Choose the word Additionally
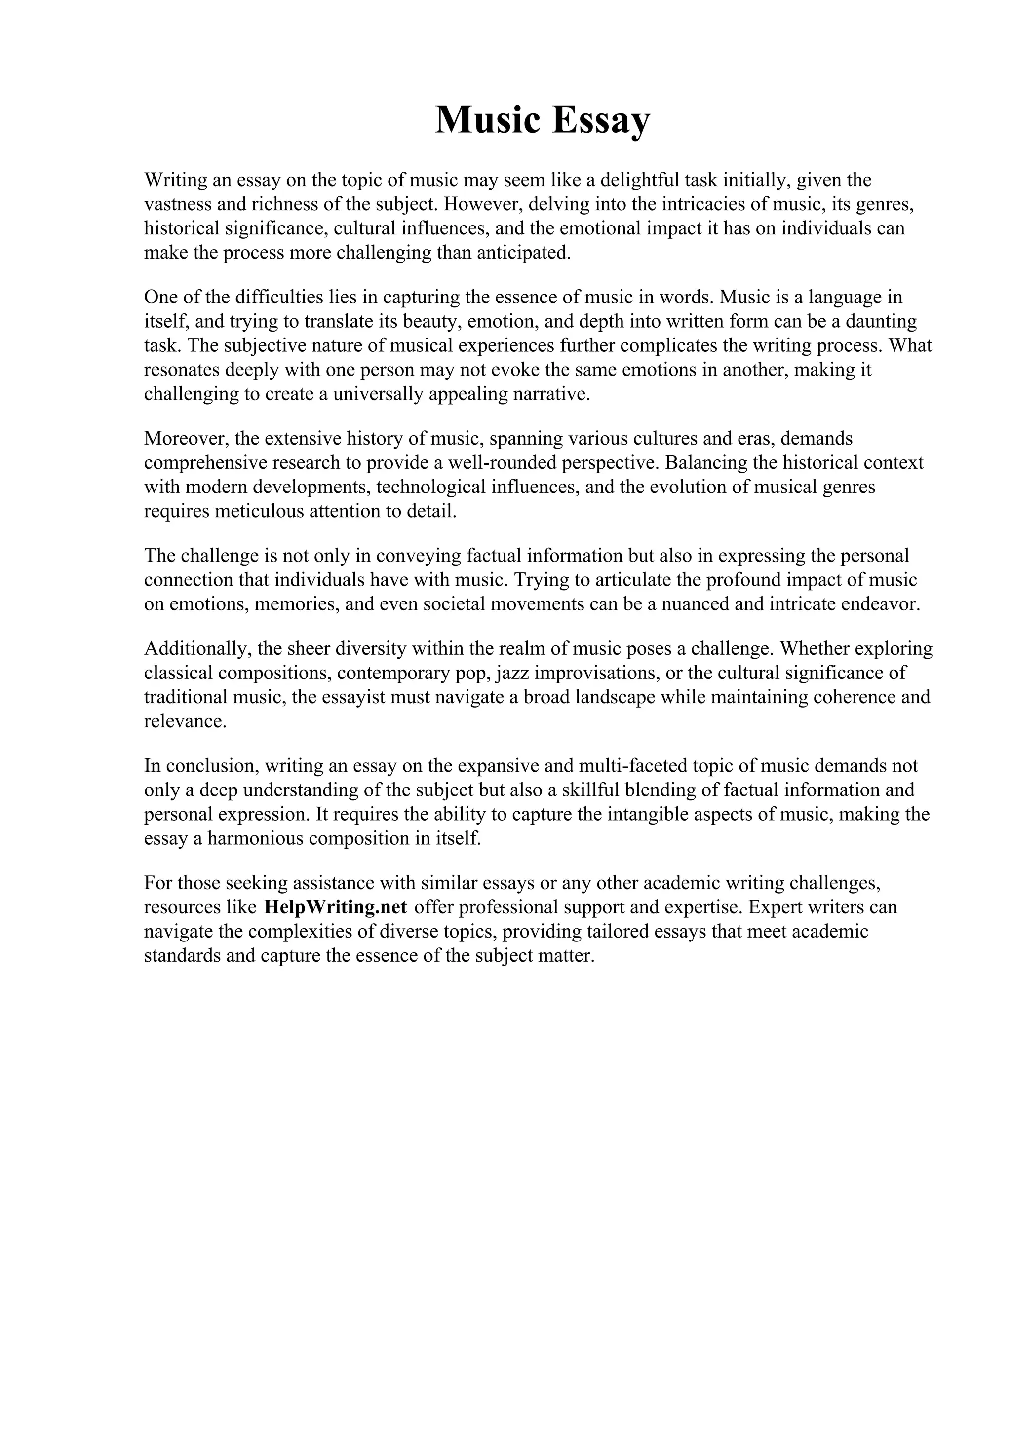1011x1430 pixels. click(x=197, y=648)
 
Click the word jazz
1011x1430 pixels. click(x=513, y=673)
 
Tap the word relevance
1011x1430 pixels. click(x=185, y=721)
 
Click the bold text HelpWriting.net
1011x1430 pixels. click(x=335, y=907)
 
